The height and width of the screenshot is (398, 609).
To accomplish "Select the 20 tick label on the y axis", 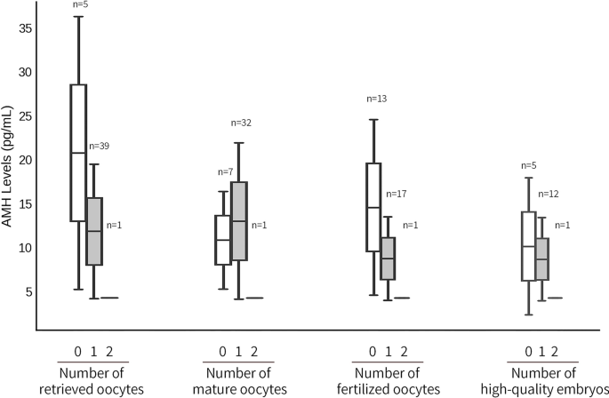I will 25,160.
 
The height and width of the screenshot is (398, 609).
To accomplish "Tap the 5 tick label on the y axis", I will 28,291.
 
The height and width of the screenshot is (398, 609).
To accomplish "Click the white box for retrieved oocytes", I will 78,153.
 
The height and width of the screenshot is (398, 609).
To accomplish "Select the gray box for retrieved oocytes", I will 94,231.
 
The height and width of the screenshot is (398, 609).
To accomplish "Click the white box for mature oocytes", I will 223,240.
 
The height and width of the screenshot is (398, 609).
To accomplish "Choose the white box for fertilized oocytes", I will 373,207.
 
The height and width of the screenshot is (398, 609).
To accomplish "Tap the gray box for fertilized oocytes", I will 388,259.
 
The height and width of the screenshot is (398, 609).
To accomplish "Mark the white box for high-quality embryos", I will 528,246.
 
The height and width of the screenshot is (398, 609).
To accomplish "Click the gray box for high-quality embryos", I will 542,259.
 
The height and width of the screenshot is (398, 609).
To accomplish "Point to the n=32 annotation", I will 242,123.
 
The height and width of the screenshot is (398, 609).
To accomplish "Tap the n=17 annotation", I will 396,194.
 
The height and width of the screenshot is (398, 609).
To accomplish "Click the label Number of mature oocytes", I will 238,381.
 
